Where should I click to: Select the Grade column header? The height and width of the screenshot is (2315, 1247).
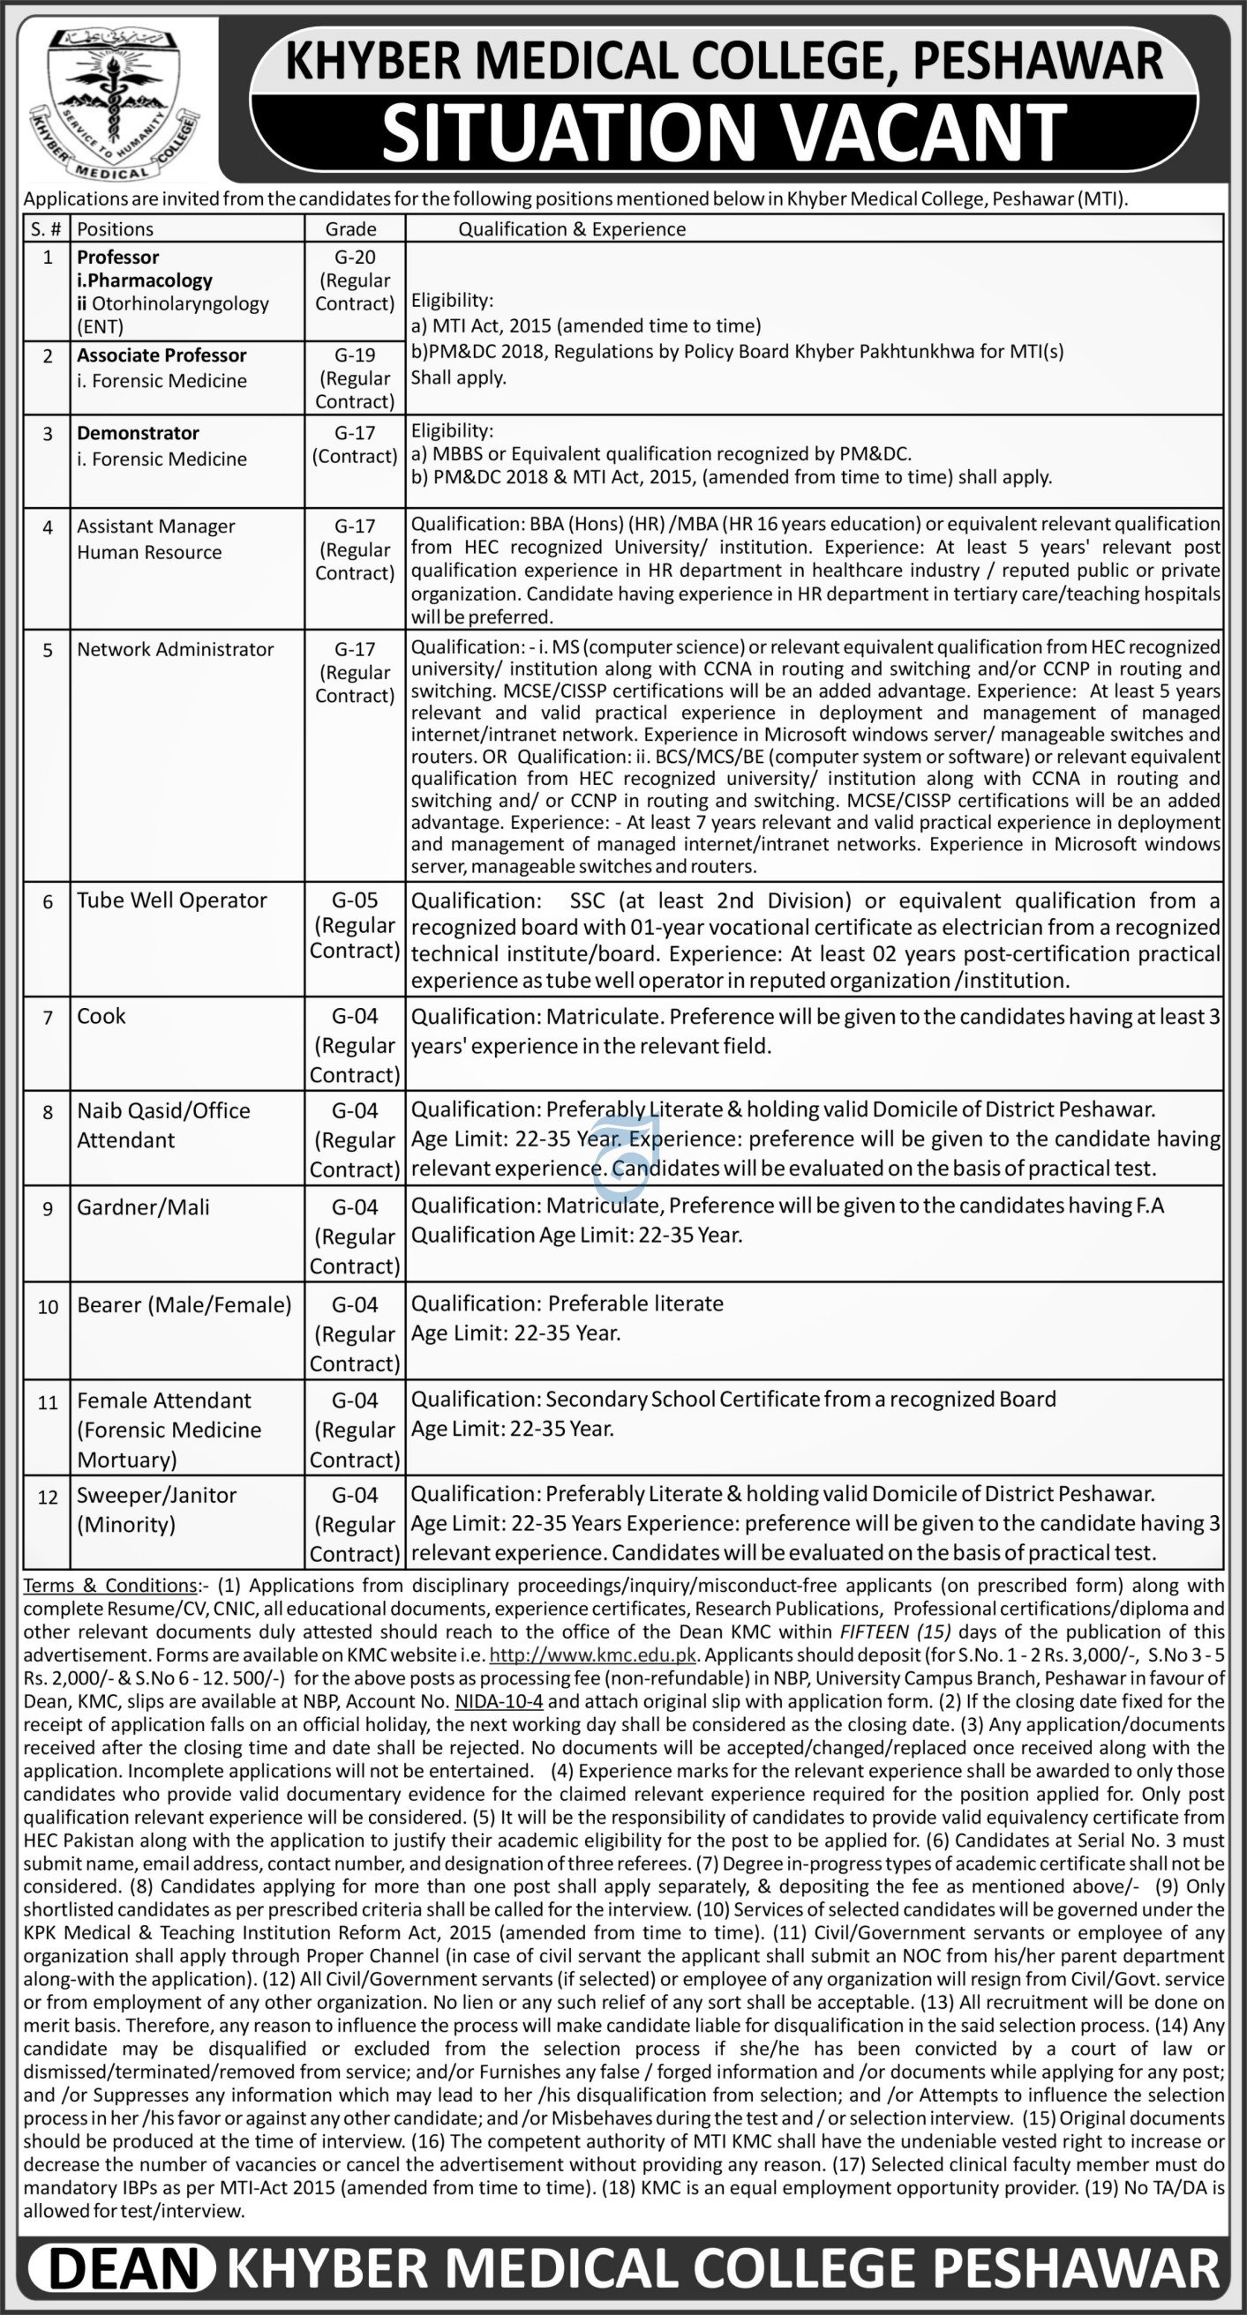click(350, 229)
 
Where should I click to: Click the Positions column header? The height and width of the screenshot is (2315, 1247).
click(115, 229)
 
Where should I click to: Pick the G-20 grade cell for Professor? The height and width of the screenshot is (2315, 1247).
click(354, 258)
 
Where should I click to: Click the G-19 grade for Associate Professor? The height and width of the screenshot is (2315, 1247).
click(354, 356)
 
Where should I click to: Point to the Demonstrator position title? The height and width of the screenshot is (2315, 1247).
click(139, 433)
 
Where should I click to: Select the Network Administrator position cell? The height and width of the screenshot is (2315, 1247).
click(176, 649)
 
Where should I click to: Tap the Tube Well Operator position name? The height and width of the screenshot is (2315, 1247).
click(172, 900)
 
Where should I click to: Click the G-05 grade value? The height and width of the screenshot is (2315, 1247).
click(354, 900)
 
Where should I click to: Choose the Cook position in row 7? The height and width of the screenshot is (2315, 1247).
click(101, 1017)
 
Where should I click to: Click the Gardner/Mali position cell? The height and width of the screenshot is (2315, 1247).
click(143, 1207)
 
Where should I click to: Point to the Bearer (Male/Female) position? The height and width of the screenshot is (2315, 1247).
click(184, 1305)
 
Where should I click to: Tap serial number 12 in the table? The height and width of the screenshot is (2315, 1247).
click(48, 1497)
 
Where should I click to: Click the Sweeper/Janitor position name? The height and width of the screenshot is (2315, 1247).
click(157, 1496)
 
